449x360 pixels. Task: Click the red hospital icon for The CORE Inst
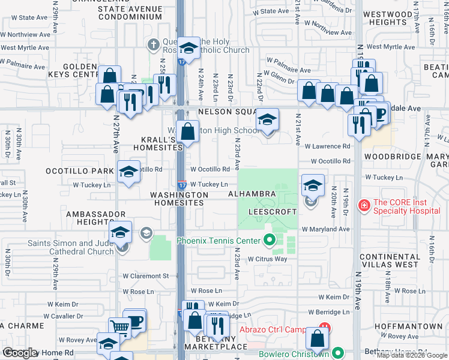364,206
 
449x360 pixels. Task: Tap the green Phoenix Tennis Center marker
270,241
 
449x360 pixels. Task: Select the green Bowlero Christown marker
337,353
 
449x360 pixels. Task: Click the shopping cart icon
120,328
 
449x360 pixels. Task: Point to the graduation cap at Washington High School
268,119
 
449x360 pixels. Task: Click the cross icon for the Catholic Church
153,45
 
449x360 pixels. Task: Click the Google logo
19,353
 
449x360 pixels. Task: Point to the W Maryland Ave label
325,229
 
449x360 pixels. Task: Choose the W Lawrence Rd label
327,146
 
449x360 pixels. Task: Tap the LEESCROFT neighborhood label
269,212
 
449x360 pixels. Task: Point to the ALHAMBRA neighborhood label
252,194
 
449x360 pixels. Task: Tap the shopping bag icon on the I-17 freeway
188,131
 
